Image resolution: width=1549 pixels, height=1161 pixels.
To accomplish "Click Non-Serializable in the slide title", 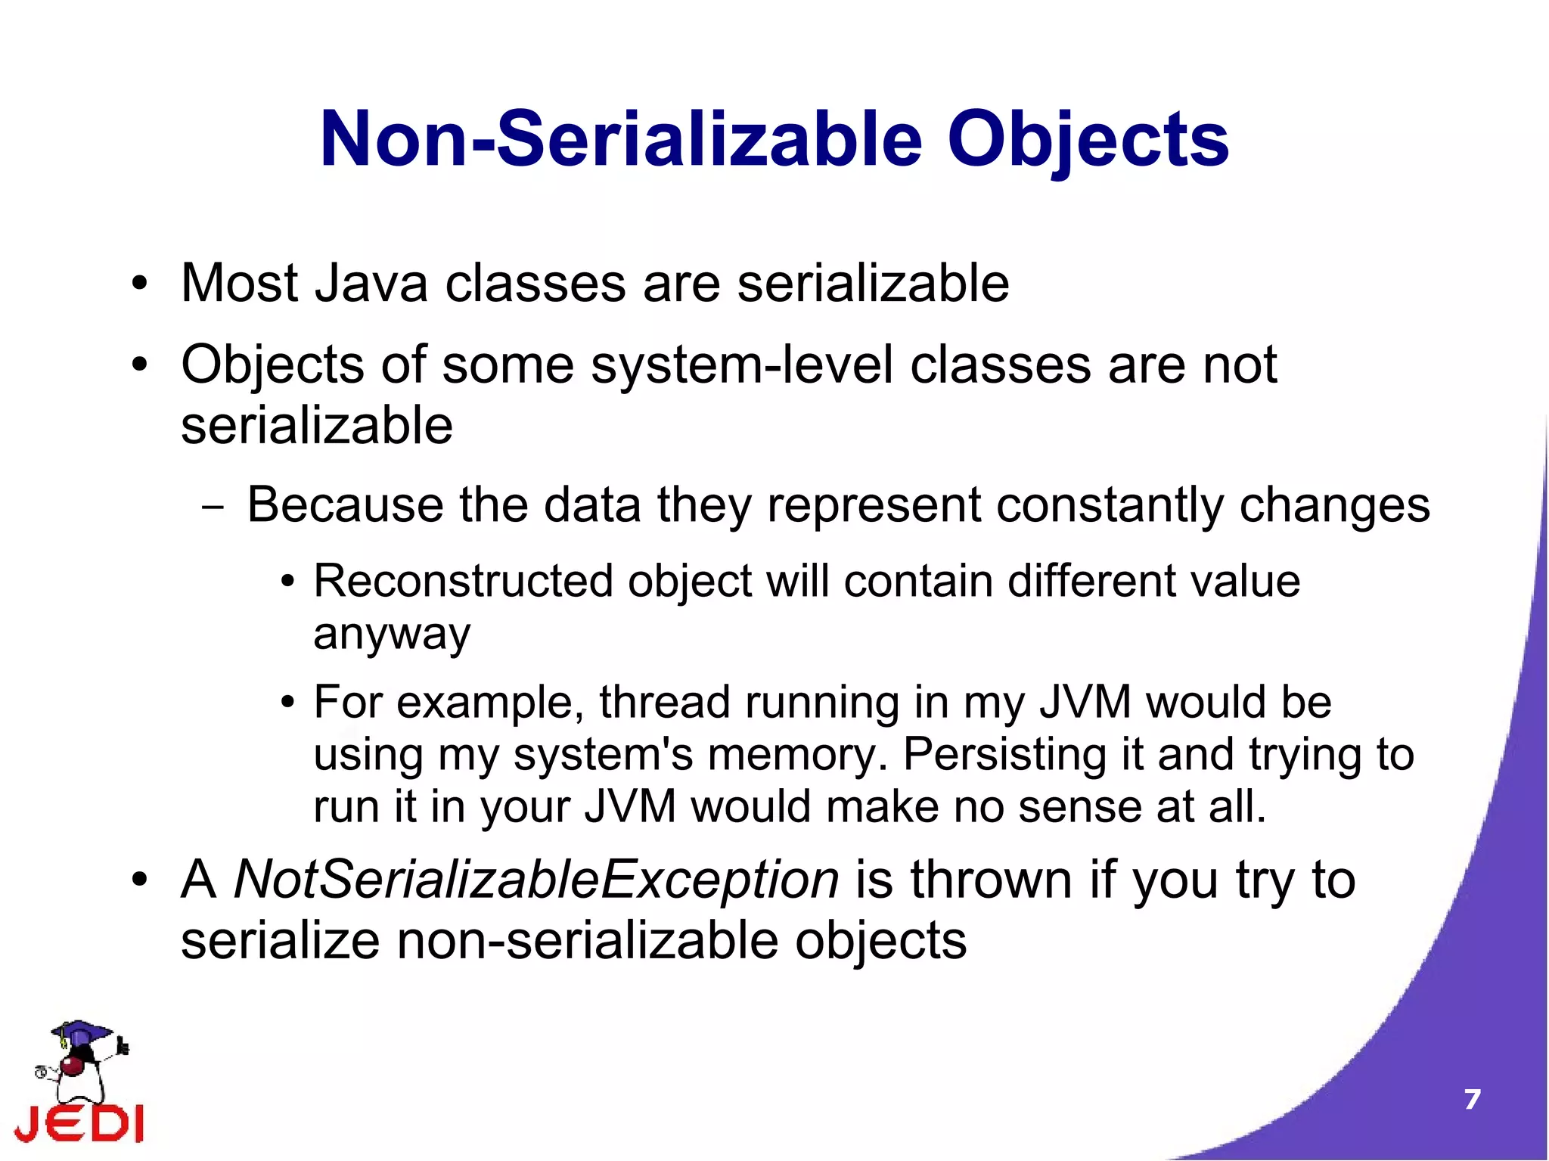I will point(620,140).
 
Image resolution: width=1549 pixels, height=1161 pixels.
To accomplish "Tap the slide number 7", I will point(1471,1099).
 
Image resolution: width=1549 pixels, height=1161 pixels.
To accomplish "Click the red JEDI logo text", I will point(79,1124).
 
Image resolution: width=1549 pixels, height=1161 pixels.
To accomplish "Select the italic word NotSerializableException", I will point(536,880).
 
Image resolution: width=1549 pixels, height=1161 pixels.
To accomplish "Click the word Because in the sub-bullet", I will point(345,504).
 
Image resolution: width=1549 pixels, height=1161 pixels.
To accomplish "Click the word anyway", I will point(392,634).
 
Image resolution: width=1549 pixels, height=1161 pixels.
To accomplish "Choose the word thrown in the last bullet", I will point(991,880).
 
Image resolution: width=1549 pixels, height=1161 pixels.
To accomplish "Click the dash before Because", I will point(213,508).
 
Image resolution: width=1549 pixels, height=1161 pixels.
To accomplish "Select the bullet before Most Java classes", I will point(139,285).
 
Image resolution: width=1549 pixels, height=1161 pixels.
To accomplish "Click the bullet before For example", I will point(287,703).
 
